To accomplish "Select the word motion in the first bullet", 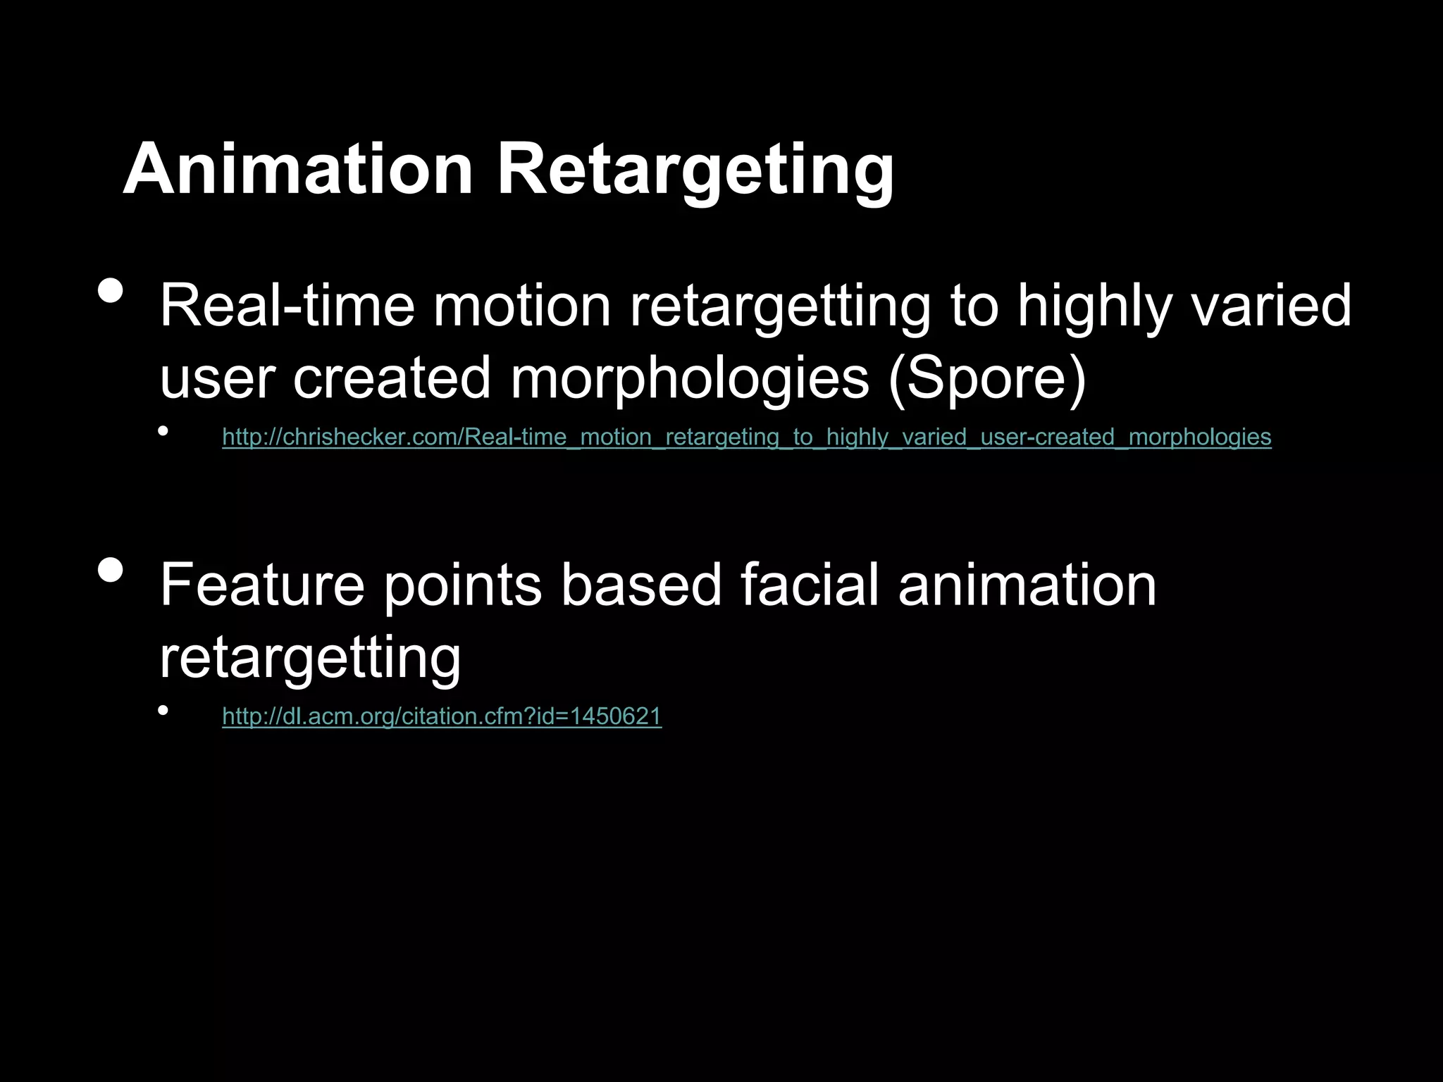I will (x=521, y=306).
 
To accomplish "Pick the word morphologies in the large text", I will (x=690, y=379).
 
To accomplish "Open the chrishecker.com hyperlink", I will (x=746, y=437).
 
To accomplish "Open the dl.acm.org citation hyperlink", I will (x=442, y=716).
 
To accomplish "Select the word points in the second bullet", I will (x=462, y=586).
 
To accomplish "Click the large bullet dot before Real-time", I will (x=111, y=290).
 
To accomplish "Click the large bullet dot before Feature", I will (x=111, y=570).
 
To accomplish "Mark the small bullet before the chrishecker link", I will (x=163, y=430).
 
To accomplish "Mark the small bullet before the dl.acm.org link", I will (x=163, y=710).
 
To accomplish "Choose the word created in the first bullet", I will (x=391, y=379).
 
